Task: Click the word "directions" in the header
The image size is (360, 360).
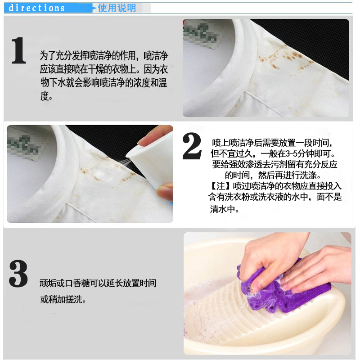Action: (x=36, y=8)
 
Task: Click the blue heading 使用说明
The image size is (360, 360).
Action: (x=117, y=8)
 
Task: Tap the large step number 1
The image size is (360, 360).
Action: (x=19, y=50)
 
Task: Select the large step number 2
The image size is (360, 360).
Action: (x=192, y=146)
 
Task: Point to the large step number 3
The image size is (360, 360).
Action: (x=18, y=273)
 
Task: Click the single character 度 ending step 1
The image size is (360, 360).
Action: (x=45, y=96)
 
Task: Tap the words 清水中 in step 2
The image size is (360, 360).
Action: (x=222, y=209)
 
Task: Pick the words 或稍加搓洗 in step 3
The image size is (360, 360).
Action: (x=61, y=299)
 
